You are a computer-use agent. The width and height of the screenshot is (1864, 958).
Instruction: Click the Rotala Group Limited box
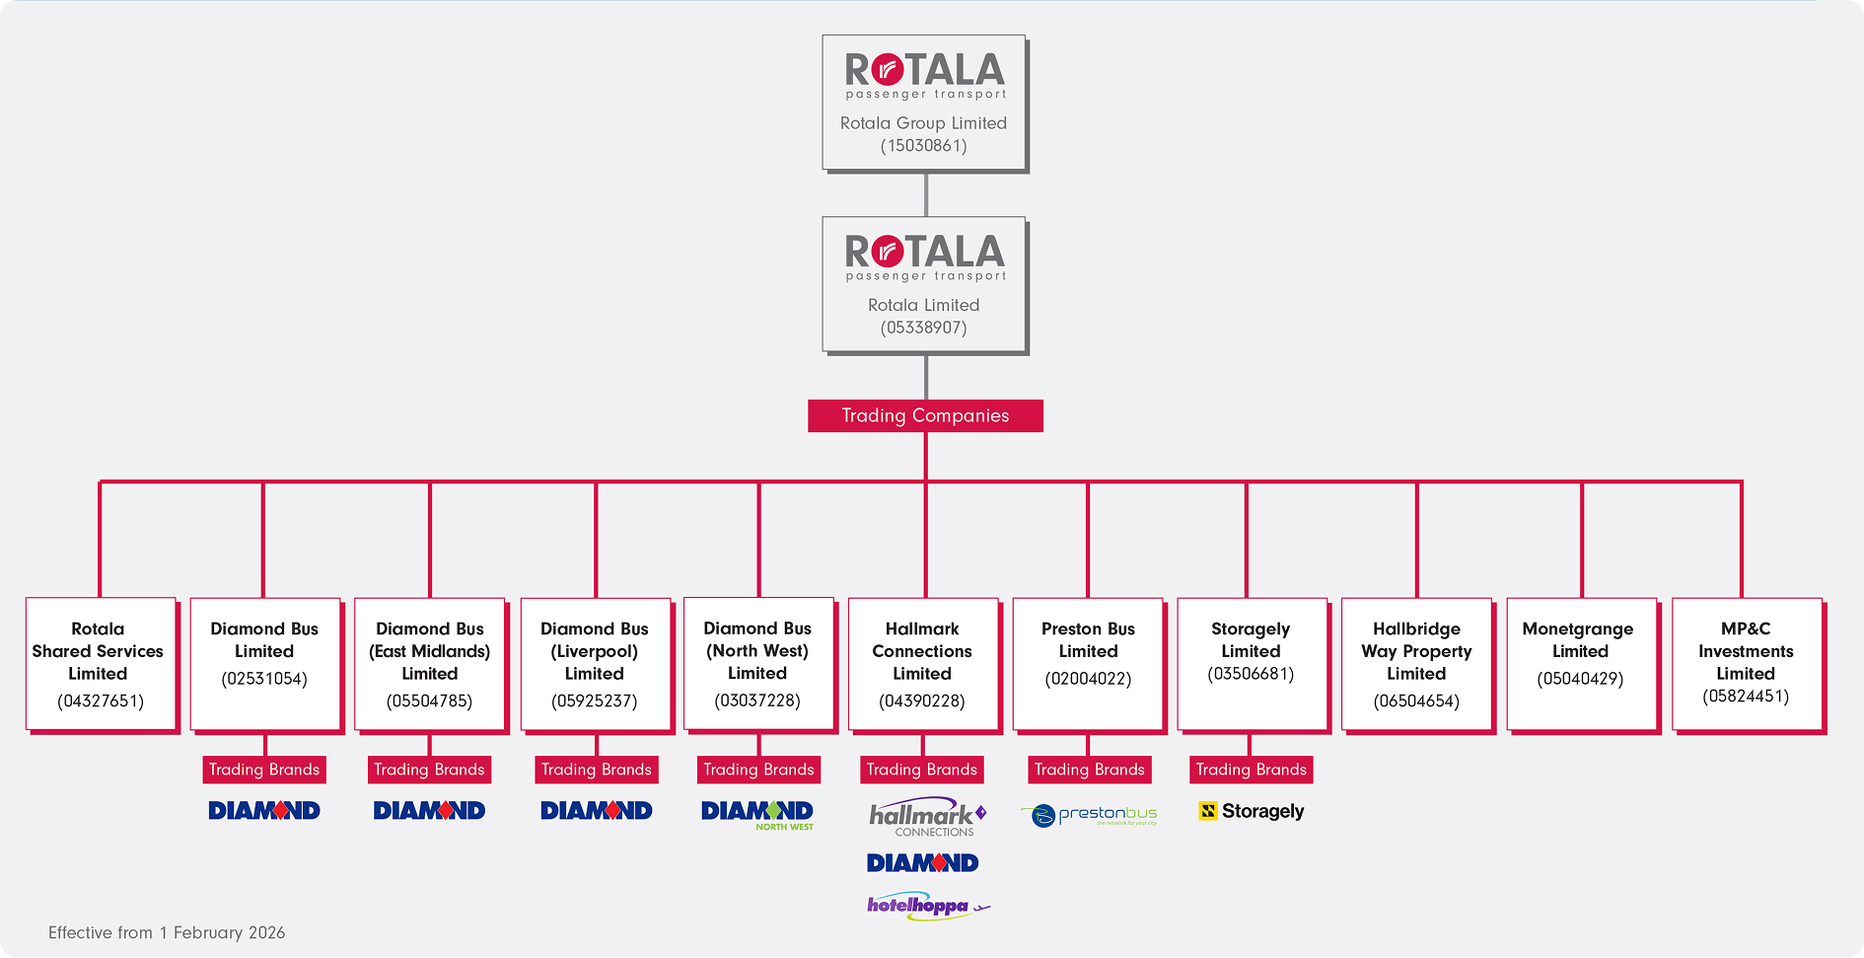(925, 104)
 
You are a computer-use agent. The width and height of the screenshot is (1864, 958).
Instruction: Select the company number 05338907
(924, 328)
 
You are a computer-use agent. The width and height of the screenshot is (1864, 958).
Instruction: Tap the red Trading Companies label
(925, 415)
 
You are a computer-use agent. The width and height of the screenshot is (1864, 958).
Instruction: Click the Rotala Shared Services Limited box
(102, 665)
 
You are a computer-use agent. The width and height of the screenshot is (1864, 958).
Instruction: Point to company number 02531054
(264, 679)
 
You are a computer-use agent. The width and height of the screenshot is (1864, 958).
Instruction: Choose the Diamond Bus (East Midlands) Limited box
(431, 665)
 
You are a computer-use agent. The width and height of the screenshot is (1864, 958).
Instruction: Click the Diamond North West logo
(757, 815)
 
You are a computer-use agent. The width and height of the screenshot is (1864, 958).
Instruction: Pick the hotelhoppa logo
(928, 906)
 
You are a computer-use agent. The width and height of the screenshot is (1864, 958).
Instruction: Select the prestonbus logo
(1089, 816)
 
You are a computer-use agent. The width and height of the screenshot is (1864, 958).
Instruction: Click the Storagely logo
(1252, 811)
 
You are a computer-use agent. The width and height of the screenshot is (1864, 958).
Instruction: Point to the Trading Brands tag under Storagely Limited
(1251, 770)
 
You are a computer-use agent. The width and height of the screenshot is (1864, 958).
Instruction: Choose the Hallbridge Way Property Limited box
(1418, 665)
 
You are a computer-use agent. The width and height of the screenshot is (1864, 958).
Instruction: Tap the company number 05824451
(1746, 697)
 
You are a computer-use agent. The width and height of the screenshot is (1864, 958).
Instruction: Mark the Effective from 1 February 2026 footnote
(167, 932)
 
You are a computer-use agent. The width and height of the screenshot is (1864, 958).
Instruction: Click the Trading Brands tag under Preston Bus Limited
(1089, 770)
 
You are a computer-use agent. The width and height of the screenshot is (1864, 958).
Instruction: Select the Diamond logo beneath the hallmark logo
(922, 863)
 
